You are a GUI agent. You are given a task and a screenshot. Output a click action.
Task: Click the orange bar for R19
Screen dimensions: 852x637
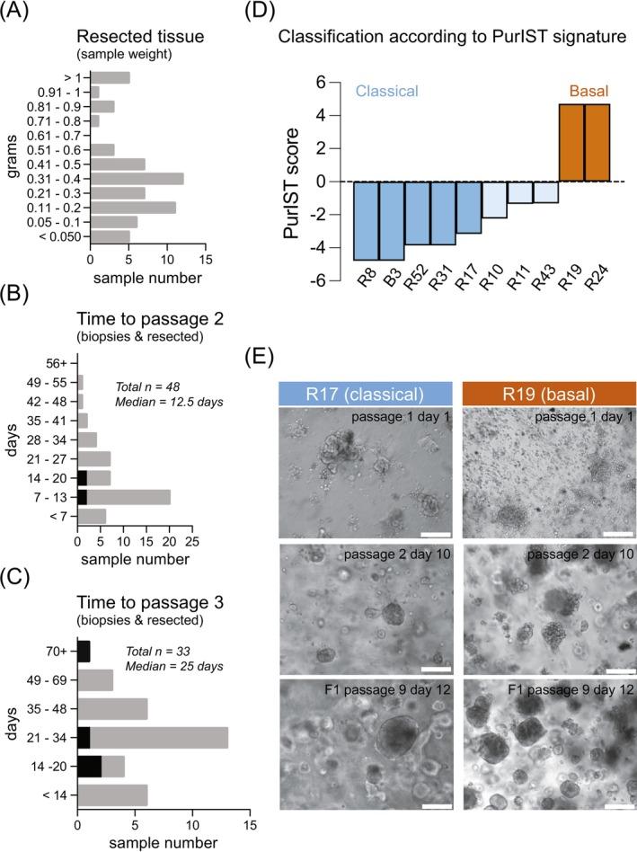(x=572, y=143)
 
